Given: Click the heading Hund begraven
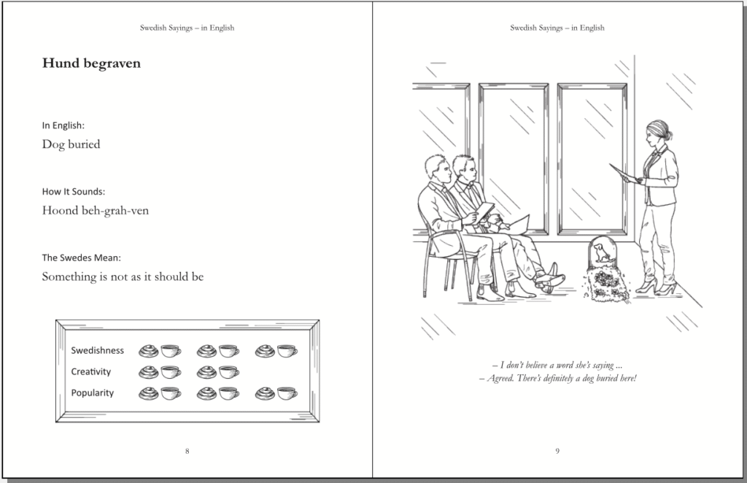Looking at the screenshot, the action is click(91, 63).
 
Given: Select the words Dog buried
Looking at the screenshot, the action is click(71, 144).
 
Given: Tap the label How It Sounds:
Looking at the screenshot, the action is click(74, 191).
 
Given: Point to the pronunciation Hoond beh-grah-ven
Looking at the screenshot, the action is click(96, 211).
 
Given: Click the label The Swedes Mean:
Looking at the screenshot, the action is click(82, 258).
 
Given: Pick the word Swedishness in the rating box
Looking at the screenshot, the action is click(97, 351).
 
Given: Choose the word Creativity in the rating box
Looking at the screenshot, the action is click(91, 371).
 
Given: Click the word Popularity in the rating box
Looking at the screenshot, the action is click(93, 393).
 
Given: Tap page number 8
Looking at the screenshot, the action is click(187, 451).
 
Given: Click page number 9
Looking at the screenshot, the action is click(557, 451).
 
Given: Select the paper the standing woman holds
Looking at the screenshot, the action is click(625, 173).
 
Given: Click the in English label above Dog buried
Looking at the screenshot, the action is click(63, 125).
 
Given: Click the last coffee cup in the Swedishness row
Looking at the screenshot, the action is click(287, 351).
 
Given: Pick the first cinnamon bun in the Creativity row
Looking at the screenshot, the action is click(149, 372).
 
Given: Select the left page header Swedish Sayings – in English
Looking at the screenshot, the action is click(187, 28).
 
